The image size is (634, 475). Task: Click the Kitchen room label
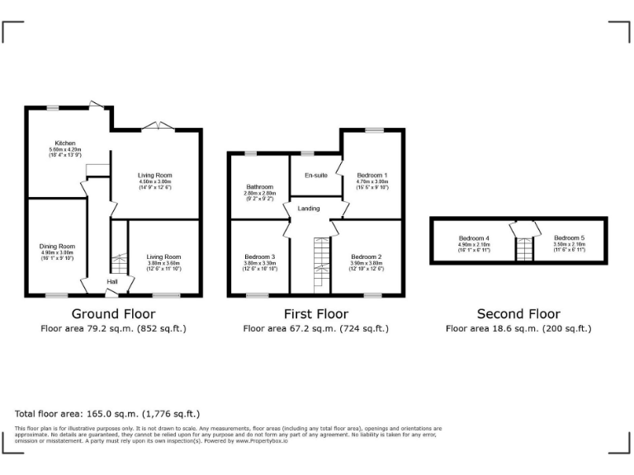click(x=65, y=143)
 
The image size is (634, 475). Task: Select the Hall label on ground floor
click(x=112, y=282)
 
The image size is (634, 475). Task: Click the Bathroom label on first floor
click(x=259, y=187)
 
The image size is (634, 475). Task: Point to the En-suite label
click(x=315, y=176)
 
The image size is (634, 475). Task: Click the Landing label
click(x=309, y=209)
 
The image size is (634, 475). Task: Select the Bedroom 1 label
click(x=371, y=176)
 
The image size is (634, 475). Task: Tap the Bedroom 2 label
click(x=366, y=256)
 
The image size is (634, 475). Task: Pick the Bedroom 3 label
click(x=259, y=256)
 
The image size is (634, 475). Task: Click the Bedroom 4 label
click(x=474, y=238)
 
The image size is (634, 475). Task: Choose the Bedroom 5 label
click(x=569, y=238)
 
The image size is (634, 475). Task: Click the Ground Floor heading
click(x=113, y=314)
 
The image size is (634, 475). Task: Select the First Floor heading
click(x=315, y=314)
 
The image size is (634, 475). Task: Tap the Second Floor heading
click(x=518, y=314)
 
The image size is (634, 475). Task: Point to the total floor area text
click(x=107, y=414)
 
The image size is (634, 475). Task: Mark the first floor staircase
click(x=321, y=264)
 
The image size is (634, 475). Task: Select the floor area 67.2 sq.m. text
click(x=315, y=328)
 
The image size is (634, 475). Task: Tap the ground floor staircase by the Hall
click(x=120, y=263)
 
